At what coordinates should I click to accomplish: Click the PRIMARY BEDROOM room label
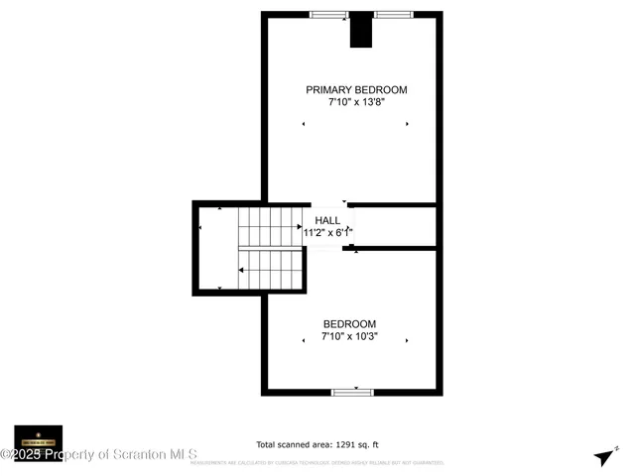356,89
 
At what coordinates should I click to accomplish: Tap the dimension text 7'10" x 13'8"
356,101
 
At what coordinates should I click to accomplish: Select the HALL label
327,220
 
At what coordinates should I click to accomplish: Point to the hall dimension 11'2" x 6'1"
328,232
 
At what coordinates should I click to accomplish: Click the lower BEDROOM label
349,324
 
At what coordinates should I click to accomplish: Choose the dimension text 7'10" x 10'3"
349,336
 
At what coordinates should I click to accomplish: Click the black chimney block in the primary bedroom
359,31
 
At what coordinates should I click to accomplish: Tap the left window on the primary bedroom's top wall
328,15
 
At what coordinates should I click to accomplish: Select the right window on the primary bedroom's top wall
393,15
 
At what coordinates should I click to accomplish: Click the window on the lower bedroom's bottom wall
351,393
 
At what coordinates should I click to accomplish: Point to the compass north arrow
603,456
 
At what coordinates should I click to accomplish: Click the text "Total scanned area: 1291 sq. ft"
317,445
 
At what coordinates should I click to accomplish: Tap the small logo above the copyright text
39,437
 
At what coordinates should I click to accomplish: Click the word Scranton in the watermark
142,454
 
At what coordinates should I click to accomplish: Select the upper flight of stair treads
271,226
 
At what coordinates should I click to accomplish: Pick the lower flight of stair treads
271,270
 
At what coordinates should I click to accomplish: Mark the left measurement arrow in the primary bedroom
305,124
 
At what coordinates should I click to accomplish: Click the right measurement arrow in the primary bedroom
407,124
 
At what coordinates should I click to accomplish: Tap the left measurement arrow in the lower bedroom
305,341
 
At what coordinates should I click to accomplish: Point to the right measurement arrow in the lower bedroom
407,341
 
